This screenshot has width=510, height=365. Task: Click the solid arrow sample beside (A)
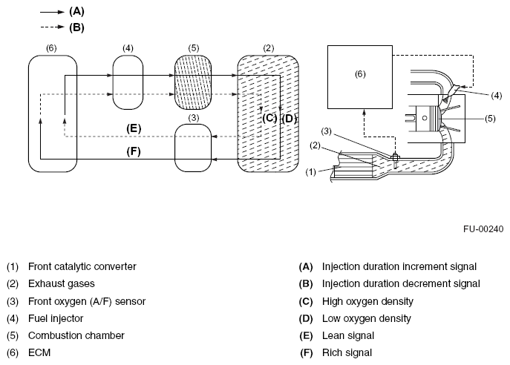(52, 12)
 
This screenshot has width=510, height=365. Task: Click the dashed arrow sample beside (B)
(52, 27)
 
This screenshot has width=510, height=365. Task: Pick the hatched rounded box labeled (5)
(193, 82)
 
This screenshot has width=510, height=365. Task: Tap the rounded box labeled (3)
(193, 148)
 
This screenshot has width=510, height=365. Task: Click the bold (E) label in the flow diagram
(134, 128)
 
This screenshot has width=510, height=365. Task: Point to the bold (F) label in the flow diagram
(134, 151)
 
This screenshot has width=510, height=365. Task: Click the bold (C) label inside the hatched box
(269, 118)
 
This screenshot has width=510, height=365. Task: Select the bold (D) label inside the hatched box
(290, 119)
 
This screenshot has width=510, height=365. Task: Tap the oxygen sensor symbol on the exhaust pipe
(396, 158)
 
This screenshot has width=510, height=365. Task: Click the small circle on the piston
(424, 118)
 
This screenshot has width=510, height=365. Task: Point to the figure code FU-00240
(483, 229)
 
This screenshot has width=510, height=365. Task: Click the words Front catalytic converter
(82, 266)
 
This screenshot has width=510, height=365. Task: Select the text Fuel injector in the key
(56, 318)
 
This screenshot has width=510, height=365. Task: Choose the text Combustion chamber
(76, 335)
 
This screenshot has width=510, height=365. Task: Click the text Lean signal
(348, 335)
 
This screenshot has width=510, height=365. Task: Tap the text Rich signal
(347, 352)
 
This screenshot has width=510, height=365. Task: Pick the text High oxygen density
(368, 301)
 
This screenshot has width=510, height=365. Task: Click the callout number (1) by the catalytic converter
(310, 172)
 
